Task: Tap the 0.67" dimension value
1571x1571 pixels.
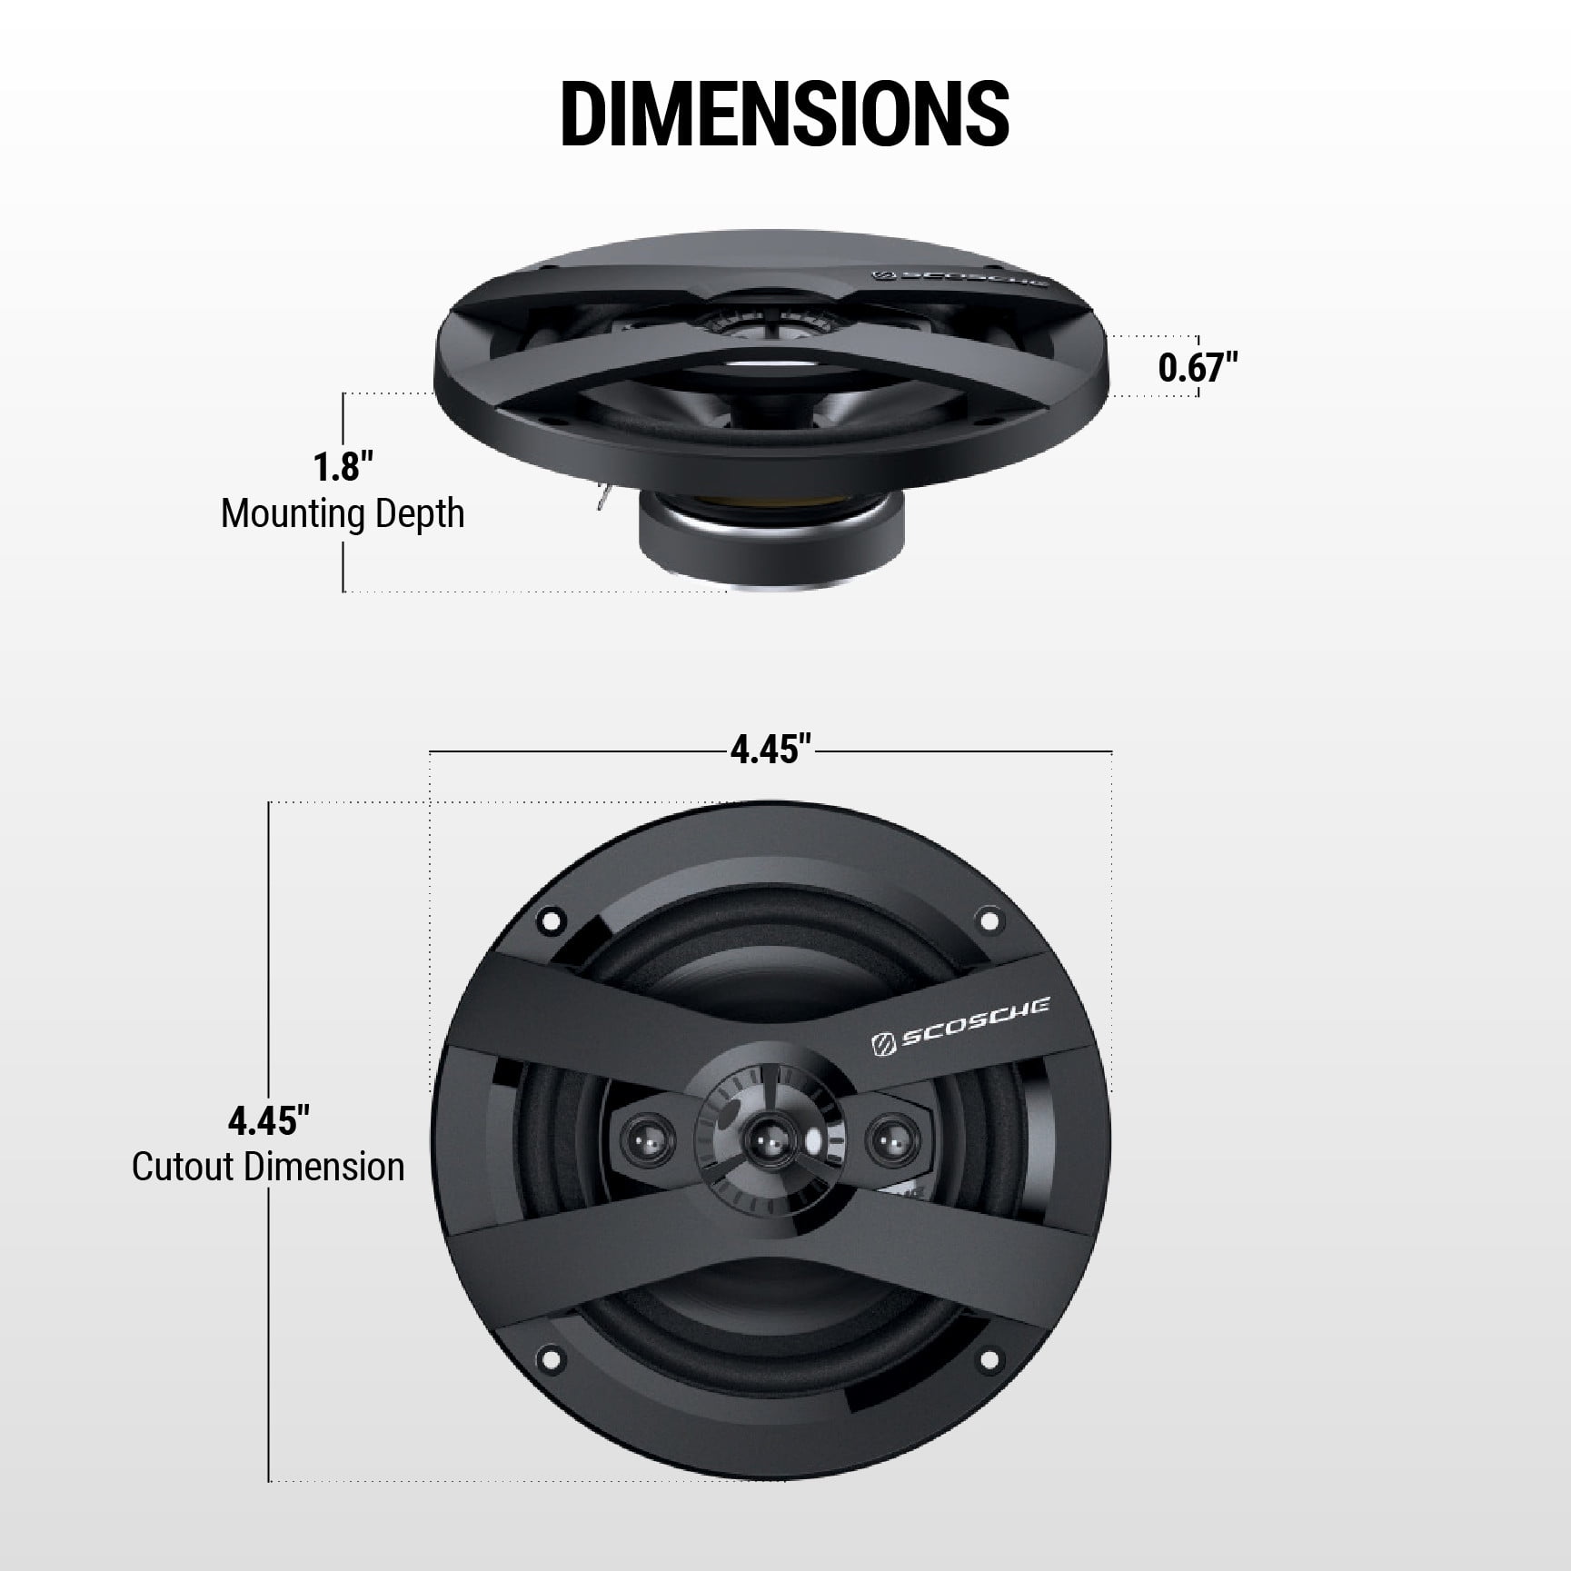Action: (x=1198, y=367)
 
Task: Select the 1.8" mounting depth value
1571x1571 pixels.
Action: (x=343, y=467)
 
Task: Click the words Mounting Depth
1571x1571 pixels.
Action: (x=343, y=514)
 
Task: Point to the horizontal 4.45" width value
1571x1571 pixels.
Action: (x=771, y=751)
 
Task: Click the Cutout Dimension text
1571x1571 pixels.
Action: (x=268, y=1168)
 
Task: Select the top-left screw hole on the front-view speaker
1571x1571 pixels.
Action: (x=550, y=920)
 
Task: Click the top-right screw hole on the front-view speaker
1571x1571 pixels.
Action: (x=988, y=920)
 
